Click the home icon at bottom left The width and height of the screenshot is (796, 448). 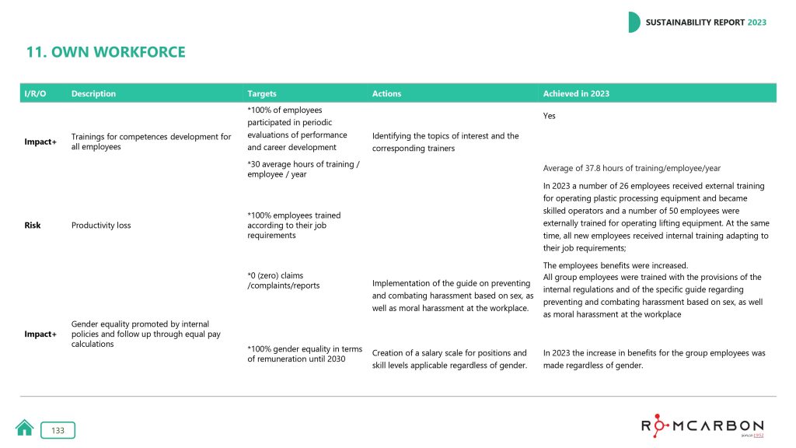(x=24, y=429)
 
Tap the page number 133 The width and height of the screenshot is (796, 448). (x=58, y=430)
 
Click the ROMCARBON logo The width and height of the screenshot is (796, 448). (x=702, y=425)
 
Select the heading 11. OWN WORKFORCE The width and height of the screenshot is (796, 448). (x=106, y=53)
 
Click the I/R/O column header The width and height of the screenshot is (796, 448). (x=35, y=93)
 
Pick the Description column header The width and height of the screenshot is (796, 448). (x=93, y=93)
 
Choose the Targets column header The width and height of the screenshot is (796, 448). (x=262, y=93)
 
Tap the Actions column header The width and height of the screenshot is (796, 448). (x=386, y=93)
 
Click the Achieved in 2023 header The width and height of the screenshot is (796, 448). (x=576, y=93)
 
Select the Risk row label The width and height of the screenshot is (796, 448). (x=32, y=225)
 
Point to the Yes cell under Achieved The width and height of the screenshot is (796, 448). (x=549, y=116)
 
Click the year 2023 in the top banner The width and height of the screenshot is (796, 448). (x=756, y=23)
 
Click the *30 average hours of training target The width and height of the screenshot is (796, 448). (x=303, y=169)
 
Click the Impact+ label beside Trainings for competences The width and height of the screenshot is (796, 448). (x=40, y=142)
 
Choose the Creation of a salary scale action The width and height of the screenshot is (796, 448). (x=449, y=359)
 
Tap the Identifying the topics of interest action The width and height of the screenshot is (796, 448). (x=445, y=142)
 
